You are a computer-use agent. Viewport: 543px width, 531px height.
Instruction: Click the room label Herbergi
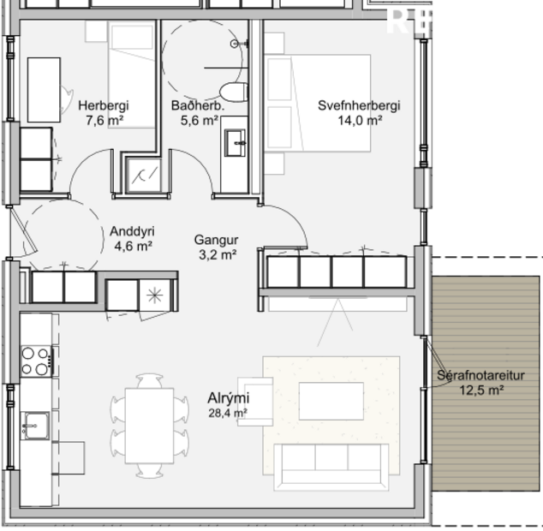(103, 106)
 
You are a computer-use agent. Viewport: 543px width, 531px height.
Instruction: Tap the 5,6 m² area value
(197, 121)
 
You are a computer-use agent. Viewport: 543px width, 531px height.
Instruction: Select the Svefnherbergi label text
(359, 106)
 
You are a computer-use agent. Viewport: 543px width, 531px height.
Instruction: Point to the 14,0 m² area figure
(359, 121)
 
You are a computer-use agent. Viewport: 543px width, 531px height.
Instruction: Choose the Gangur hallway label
(215, 240)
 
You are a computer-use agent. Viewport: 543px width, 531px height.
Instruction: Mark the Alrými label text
(228, 398)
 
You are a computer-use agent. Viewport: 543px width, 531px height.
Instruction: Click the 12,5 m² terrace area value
(480, 390)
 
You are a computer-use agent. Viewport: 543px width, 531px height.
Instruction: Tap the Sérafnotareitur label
(480, 375)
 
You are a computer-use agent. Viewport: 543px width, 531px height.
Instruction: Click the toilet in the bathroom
(231, 92)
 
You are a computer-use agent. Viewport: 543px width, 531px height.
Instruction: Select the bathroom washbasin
(235, 142)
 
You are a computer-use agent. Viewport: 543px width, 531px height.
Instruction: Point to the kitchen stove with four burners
(36, 361)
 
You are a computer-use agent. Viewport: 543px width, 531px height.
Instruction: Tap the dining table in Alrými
(149, 425)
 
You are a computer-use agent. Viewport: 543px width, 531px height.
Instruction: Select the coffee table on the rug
(331, 401)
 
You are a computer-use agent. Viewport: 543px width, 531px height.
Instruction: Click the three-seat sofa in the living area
(331, 467)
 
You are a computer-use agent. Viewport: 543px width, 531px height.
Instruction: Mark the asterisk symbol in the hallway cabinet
(154, 295)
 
